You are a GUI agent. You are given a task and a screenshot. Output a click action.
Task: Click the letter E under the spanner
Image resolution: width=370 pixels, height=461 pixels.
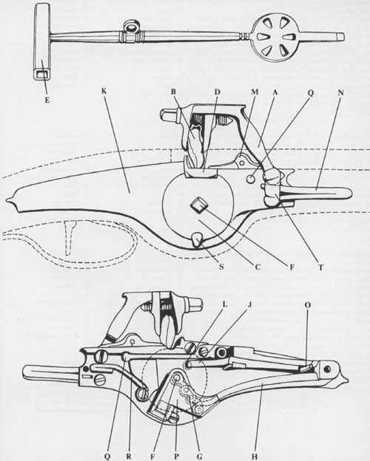pos(47,100)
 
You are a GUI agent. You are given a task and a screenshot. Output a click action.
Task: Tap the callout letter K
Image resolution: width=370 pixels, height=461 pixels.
pos(104,91)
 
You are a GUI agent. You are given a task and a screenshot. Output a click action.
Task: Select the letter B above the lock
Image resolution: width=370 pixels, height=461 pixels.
pos(173,92)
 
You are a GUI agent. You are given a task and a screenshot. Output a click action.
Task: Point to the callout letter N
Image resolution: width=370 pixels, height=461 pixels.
pos(341,92)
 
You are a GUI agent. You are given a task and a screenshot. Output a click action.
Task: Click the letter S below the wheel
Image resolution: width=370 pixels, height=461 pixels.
pos(221,267)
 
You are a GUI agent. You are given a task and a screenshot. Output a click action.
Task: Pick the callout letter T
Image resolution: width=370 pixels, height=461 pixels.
pos(321,267)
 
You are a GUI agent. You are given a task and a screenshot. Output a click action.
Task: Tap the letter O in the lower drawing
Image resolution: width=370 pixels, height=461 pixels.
pos(308,305)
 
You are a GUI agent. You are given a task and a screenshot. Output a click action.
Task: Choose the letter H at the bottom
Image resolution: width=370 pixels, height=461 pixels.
pos(255,457)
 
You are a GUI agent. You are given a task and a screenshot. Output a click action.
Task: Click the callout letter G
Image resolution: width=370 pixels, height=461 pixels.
pos(200,457)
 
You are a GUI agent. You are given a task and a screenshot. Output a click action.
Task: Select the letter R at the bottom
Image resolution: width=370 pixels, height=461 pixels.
pos(129,457)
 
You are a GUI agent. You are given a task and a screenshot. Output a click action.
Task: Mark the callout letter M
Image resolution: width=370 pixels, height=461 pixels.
pos(255,92)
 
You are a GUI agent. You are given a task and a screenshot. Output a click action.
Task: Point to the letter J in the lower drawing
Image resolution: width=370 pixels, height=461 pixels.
pos(249,304)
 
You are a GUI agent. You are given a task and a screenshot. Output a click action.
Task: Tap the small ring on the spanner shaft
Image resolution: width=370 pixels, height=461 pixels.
pos(130,27)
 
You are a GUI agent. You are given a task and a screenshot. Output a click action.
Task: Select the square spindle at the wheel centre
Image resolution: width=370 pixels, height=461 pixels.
pos(198,205)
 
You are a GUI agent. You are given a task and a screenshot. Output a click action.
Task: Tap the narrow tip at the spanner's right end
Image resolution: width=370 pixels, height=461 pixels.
pos(340,37)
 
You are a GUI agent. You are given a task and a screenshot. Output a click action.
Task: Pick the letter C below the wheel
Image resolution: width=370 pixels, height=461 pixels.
pos(258,267)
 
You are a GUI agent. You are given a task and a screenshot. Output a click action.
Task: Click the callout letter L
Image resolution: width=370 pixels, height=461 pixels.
pos(224,304)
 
